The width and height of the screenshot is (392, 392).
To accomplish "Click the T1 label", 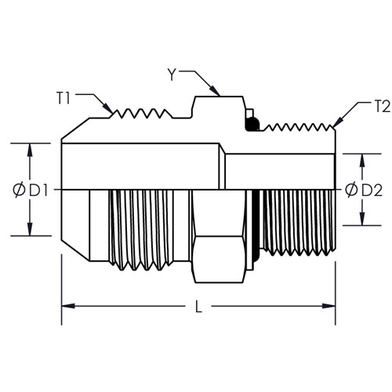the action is click(64, 99).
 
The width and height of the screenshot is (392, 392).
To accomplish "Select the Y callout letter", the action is click(172, 75).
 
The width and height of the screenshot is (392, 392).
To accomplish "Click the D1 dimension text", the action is click(38, 191).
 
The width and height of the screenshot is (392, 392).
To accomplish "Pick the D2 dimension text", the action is click(372, 191).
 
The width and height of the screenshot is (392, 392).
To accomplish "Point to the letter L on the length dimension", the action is click(199, 307).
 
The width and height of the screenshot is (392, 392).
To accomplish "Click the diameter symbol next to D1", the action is click(19, 191).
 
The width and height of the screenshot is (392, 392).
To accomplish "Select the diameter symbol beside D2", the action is click(351, 190).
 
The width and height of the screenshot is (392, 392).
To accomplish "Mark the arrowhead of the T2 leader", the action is click(338, 122).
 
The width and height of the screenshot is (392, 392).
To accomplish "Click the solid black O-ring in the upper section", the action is click(252, 125).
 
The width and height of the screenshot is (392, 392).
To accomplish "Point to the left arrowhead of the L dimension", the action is click(68, 306).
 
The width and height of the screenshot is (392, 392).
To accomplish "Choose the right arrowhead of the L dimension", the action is click(328, 306).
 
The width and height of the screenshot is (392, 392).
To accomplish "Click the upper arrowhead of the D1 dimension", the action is click(30, 150).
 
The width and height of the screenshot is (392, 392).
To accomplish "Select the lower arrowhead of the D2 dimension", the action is click(362, 219).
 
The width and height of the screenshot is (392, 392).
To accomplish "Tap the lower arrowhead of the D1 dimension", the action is click(30, 229).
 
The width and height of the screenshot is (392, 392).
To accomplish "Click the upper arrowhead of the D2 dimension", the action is click(362, 160).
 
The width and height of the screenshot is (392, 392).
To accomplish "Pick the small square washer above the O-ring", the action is click(250, 113).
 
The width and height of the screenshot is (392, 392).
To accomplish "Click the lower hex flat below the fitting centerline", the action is click(220, 260).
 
